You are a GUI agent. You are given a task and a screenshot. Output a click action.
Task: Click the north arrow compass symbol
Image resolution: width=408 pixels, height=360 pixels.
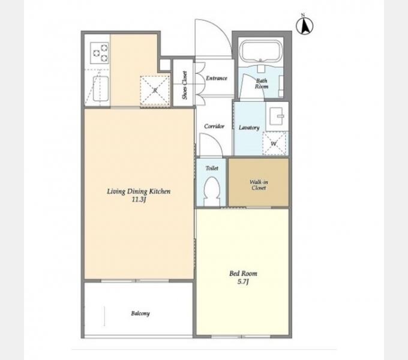pos(305,25)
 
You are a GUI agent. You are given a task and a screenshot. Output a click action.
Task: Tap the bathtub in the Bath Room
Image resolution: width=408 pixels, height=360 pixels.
pos(261,50)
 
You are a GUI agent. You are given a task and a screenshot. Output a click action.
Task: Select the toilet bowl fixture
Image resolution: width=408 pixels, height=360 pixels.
pos(211,191)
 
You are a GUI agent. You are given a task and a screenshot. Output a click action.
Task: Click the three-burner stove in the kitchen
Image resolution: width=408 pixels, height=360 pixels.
pos(100,53)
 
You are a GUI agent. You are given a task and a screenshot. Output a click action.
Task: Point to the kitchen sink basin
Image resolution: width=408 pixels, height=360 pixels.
pos(101,89)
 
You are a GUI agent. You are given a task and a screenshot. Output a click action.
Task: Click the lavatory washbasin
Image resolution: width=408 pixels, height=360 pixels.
pos(277,116)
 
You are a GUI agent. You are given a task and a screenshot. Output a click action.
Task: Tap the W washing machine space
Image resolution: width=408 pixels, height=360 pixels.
pos(274,143)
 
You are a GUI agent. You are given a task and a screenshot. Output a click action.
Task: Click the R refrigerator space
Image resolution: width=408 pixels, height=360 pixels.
pos(155,91)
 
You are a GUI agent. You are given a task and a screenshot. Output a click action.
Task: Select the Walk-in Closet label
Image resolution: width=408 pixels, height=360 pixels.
pos(259,185)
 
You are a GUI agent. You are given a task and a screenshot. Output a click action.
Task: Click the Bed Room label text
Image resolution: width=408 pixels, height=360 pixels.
pos(243,274)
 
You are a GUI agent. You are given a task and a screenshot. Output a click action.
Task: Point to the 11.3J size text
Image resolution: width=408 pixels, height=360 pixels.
pos(139,200)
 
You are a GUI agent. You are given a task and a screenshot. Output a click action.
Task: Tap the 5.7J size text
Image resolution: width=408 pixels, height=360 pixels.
pos(243,282)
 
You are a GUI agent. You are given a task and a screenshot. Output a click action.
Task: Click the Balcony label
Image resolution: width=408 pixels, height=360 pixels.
pos(140,313)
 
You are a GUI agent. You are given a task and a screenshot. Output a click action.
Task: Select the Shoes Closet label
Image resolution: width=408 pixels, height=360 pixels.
pos(185,85)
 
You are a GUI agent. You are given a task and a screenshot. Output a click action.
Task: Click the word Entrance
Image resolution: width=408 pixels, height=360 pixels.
pos(217,78)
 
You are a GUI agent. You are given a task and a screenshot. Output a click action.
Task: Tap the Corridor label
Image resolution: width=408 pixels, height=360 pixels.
pos(214,127)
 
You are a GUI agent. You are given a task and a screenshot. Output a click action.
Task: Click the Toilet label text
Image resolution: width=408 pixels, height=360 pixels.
pos(212,168)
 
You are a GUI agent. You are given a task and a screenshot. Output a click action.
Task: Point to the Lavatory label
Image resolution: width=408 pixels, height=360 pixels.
pos(249,127)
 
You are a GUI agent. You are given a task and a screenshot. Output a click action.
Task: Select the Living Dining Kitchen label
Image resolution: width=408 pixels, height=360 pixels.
pos(139,191)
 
